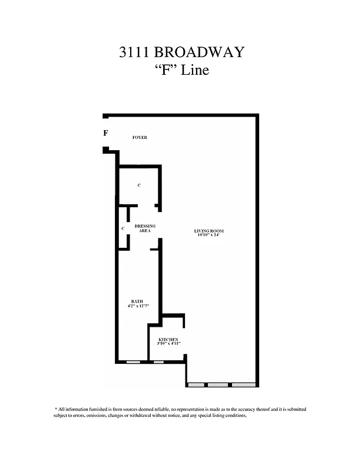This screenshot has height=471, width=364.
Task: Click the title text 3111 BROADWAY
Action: (x=181, y=52)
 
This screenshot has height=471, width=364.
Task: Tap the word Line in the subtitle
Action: (x=194, y=71)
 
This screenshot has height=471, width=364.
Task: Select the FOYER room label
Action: (x=140, y=138)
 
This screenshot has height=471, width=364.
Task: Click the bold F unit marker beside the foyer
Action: (x=105, y=133)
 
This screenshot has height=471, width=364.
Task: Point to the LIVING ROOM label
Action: (x=209, y=230)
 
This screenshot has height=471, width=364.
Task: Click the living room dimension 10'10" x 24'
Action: (x=209, y=234)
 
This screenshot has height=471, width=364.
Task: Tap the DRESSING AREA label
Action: (x=145, y=228)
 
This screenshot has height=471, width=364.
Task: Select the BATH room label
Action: (x=137, y=301)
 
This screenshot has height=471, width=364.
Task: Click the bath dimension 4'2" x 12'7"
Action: (x=138, y=306)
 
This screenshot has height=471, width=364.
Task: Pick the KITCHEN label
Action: (x=168, y=340)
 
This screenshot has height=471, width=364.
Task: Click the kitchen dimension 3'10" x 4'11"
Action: (x=169, y=344)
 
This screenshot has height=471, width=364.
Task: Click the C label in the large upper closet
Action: (x=139, y=185)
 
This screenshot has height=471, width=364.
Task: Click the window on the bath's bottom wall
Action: (x=133, y=362)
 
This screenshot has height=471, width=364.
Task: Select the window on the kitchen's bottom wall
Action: (x=158, y=362)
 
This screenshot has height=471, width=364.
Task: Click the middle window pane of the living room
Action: (x=218, y=385)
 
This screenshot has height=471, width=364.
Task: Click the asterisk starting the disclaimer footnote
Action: (x=55, y=409)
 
